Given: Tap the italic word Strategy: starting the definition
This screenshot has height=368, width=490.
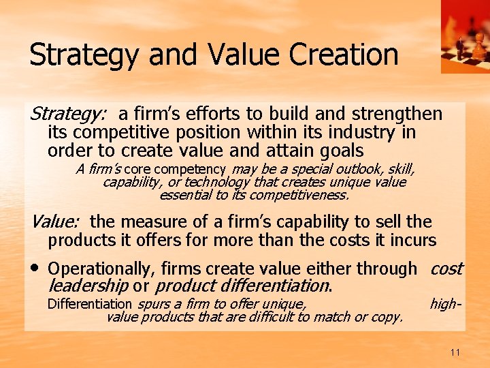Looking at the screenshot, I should coord(65,114).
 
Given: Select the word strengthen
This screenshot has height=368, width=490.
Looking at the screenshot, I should coord(399,114).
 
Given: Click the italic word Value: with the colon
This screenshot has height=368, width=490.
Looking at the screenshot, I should coord(55,221).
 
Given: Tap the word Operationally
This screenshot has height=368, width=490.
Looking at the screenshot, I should coord(96,269).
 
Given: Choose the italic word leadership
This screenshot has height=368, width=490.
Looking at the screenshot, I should coord(88,286).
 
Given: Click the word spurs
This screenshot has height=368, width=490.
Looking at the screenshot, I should coord(151,304).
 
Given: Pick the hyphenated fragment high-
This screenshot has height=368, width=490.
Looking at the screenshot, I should coord(446,304).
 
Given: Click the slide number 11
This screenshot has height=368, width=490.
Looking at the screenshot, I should coord(455,352).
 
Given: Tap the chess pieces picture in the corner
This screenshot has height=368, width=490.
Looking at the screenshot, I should coord(465,36).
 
